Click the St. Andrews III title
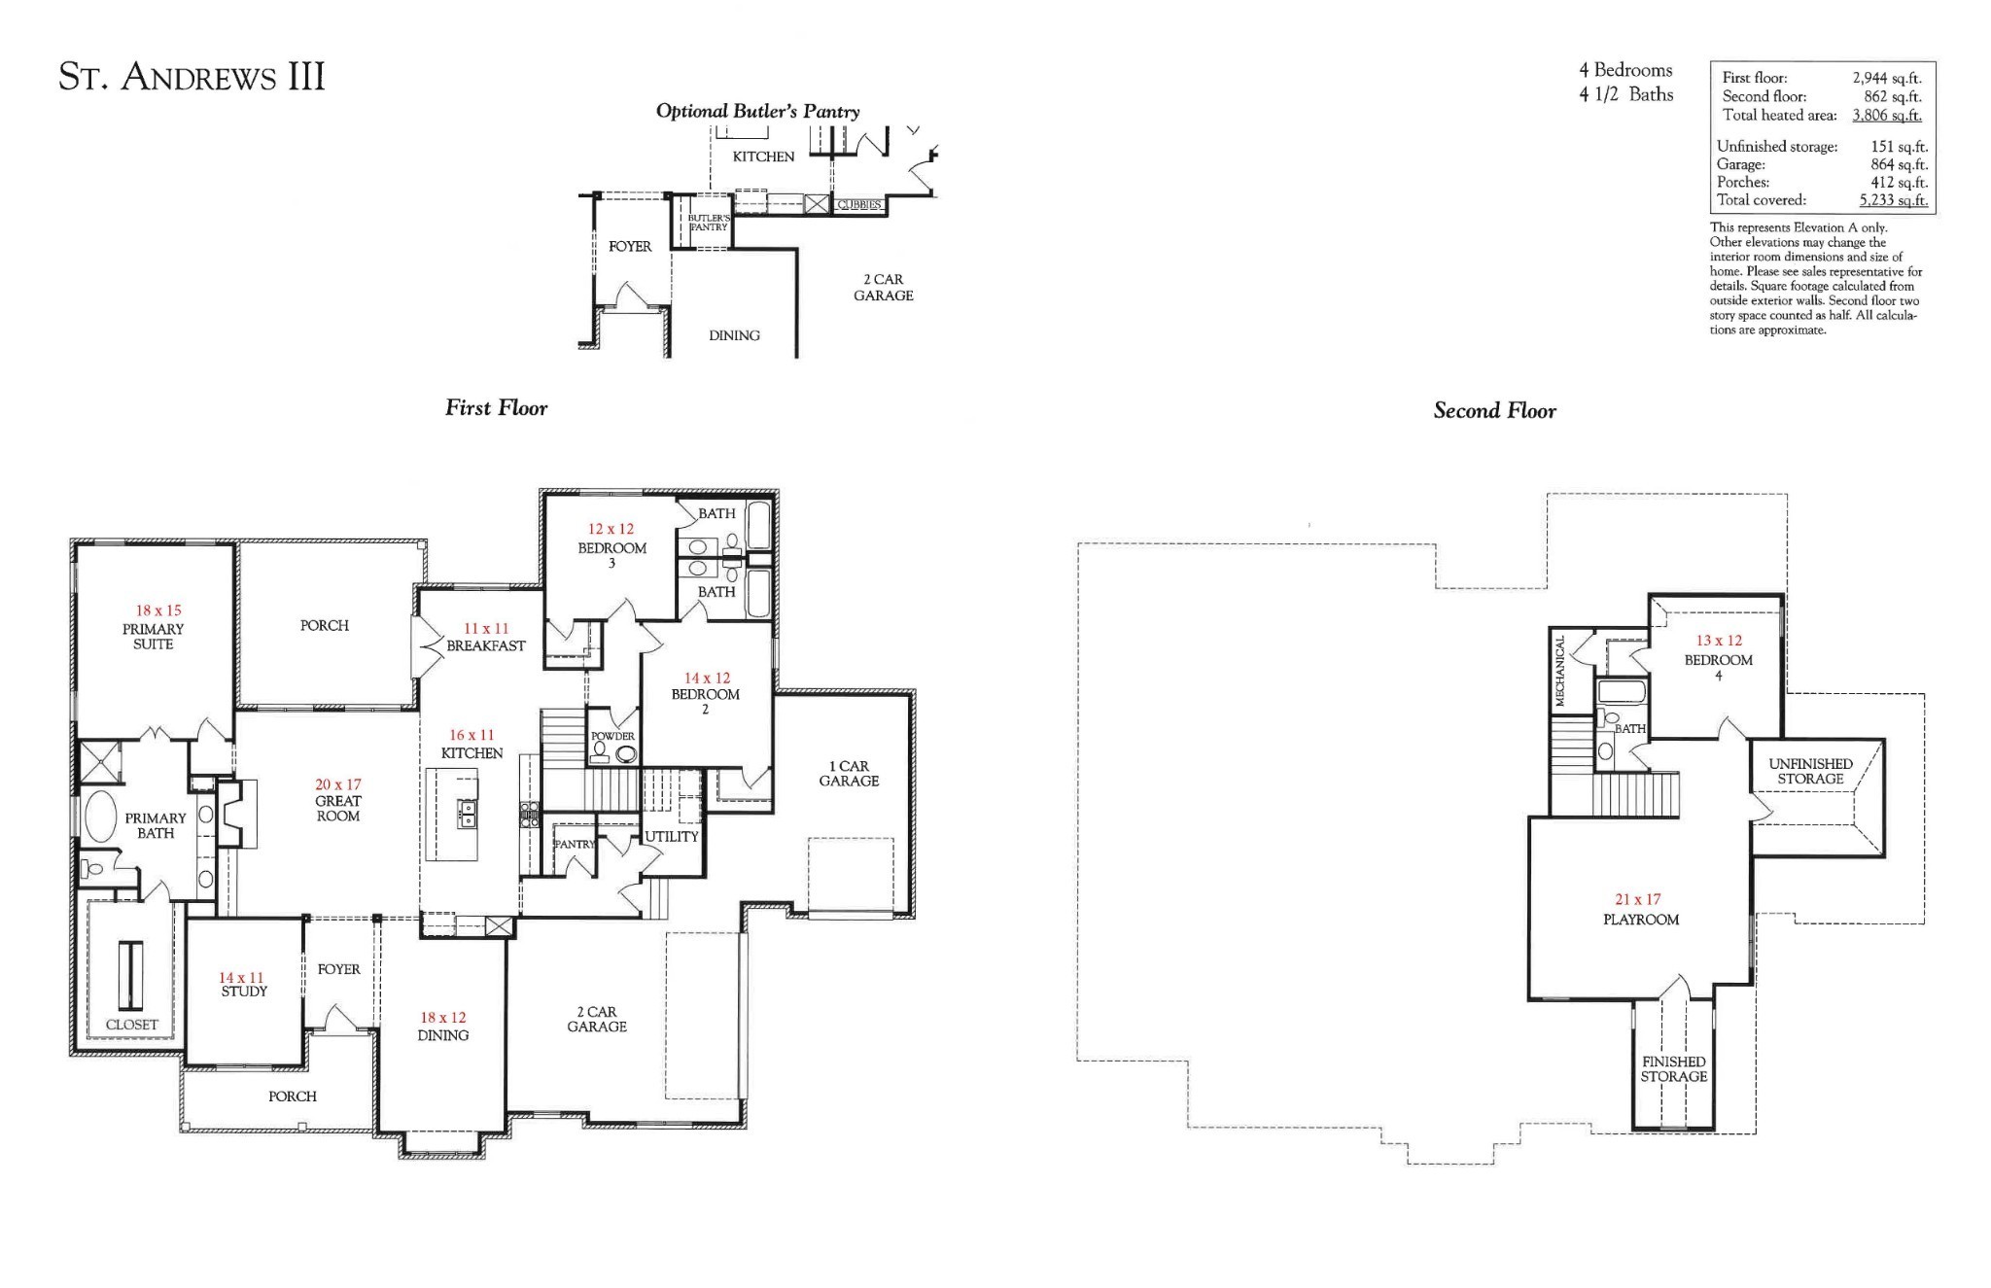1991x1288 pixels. tap(192, 77)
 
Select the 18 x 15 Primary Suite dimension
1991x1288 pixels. tap(158, 610)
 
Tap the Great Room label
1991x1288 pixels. tap(338, 809)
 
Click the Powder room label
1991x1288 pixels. tap(612, 736)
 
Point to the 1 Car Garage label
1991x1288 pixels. tap(849, 774)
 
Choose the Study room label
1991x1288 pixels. tap(244, 992)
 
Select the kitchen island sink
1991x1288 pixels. tap(468, 814)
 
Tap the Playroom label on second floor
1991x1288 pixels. tap(1641, 920)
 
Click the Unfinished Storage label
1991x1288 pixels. tap(1810, 771)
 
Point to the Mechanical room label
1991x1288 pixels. tap(1560, 671)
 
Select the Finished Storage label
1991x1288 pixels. tap(1674, 1069)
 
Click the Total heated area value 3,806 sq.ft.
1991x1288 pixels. tap(1886, 115)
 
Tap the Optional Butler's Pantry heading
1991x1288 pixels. tap(757, 111)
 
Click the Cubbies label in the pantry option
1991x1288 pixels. tap(859, 205)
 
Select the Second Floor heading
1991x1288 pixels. tap(1494, 411)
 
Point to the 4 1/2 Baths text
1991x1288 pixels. tap(1625, 94)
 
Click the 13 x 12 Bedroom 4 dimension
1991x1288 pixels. tap(1719, 641)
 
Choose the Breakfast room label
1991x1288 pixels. tap(486, 645)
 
